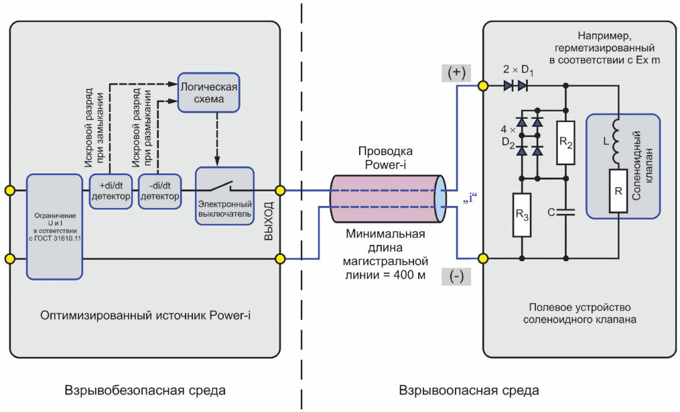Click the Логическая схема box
[x=208, y=93]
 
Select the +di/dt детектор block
[x=111, y=191]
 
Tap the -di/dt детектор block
[x=159, y=191]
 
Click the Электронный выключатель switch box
[x=224, y=196]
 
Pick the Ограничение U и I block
[x=55, y=227]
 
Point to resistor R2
[x=565, y=143]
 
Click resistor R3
[x=522, y=215]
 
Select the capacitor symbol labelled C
[x=565, y=212]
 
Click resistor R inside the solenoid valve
[x=618, y=191]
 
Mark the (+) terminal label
[x=456, y=72]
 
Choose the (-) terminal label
[x=456, y=276]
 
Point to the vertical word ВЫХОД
[x=269, y=221]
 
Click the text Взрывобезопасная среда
[x=145, y=390]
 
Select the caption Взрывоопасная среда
[x=469, y=390]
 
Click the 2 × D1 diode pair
[x=516, y=85]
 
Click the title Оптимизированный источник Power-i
[x=145, y=315]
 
